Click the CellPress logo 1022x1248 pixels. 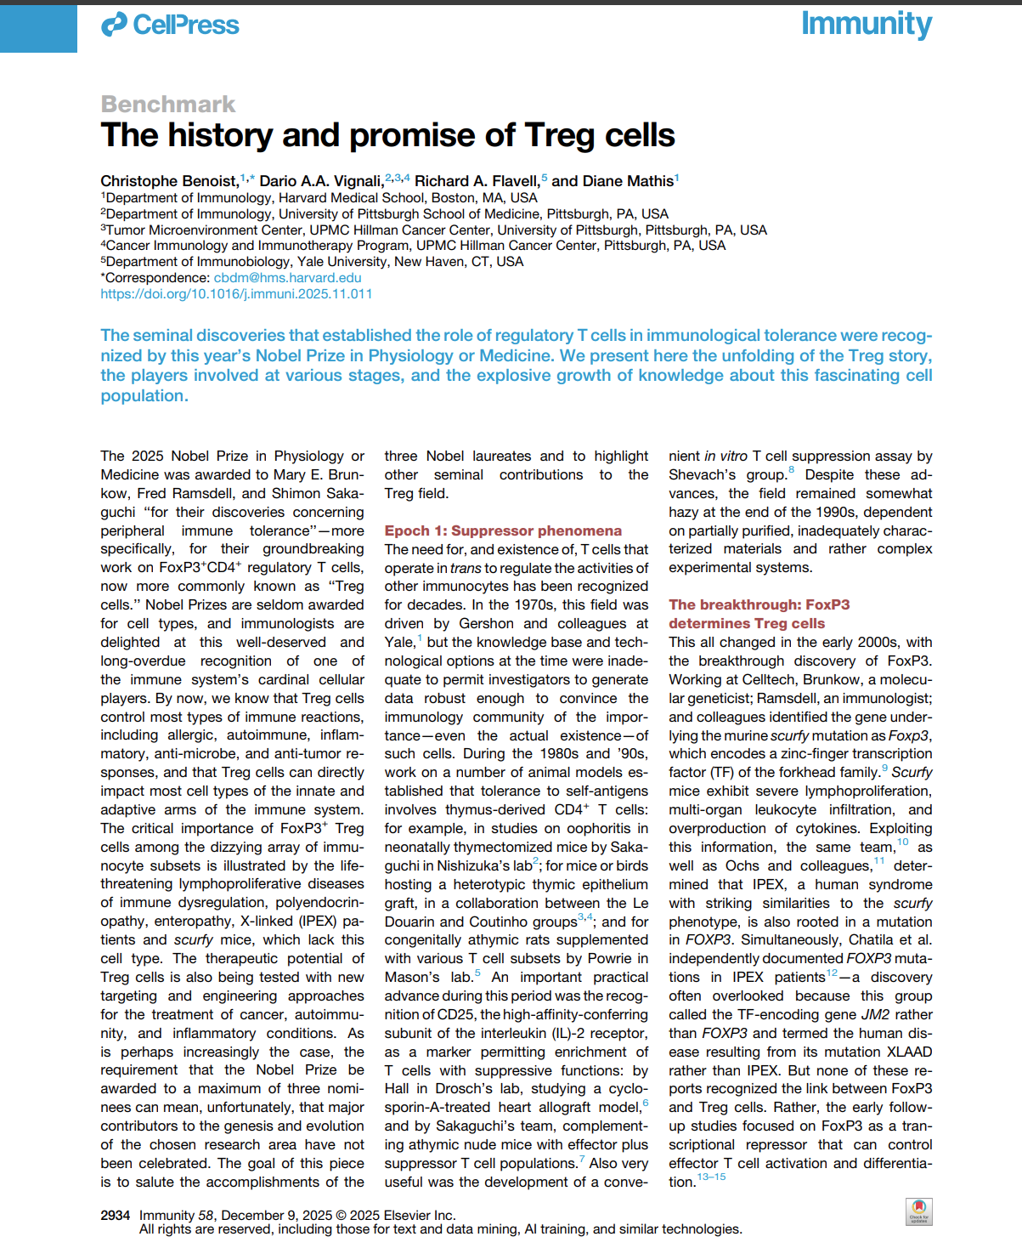pos(170,26)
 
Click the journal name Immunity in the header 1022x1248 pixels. pos(866,24)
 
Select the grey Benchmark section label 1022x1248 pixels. pos(168,104)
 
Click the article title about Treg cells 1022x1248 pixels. pos(387,135)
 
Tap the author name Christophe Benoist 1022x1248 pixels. pos(168,181)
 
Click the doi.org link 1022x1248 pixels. pos(236,294)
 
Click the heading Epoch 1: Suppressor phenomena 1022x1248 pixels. pos(503,530)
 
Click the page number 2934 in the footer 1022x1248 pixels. pos(116,1215)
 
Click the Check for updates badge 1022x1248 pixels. pos(918,1211)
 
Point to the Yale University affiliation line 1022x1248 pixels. pos(313,262)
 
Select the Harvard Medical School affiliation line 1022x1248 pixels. pos(319,198)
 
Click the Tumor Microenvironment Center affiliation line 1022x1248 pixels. pos(434,230)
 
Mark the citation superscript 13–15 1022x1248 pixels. pos(711,1177)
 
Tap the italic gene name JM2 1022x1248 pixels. pos(875,1014)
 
